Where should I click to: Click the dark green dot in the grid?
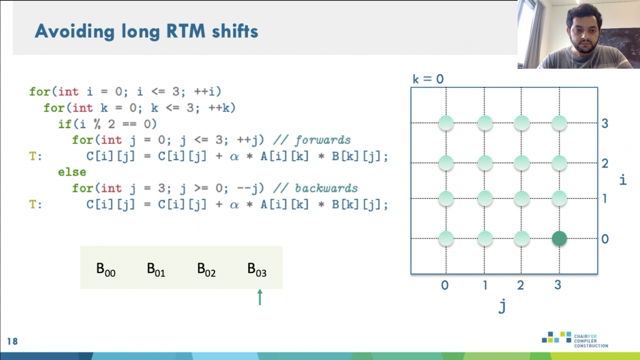tap(559, 238)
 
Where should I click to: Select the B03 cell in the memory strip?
tap(257, 270)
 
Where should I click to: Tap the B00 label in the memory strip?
tap(106, 270)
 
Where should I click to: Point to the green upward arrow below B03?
tap(260, 297)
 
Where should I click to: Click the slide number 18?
tap(12, 341)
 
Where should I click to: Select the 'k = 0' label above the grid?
tap(428, 79)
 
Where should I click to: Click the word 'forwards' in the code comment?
tap(323, 140)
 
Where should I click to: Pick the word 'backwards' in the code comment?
tap(326, 188)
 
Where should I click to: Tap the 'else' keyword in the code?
tap(72, 172)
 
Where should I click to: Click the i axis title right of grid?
tap(623, 180)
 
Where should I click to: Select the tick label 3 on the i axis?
tap(605, 123)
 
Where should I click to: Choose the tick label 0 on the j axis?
tap(445, 285)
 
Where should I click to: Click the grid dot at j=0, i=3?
tap(446, 123)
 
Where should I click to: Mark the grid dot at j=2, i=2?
tap(521, 163)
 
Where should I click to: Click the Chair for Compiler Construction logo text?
tap(591, 341)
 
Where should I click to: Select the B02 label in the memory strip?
tap(206, 270)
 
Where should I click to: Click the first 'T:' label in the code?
tap(36, 156)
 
